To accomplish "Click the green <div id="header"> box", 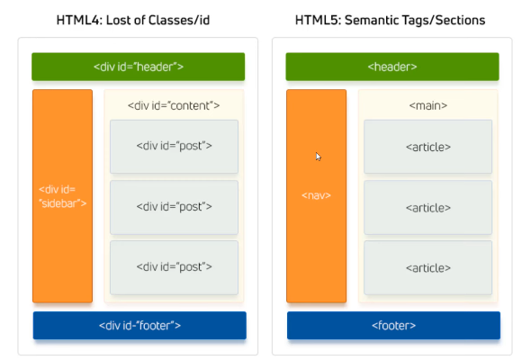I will [x=139, y=67].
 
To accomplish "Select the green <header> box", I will [x=392, y=67].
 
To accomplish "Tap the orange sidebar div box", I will [x=62, y=196].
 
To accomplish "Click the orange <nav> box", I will [x=316, y=196].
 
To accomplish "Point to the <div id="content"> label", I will [x=174, y=105].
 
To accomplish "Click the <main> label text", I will [x=427, y=105].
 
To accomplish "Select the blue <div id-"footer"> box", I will [x=139, y=325].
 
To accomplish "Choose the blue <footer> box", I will [x=392, y=325].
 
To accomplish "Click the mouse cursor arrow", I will [x=319, y=157].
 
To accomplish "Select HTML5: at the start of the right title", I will [x=321, y=18].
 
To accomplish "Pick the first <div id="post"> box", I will [x=174, y=147].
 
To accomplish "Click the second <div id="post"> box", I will [x=174, y=207].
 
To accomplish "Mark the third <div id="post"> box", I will [x=174, y=267].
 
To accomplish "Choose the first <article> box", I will [x=427, y=147].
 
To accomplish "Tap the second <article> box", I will [x=427, y=207].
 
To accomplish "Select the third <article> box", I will [x=427, y=267].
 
